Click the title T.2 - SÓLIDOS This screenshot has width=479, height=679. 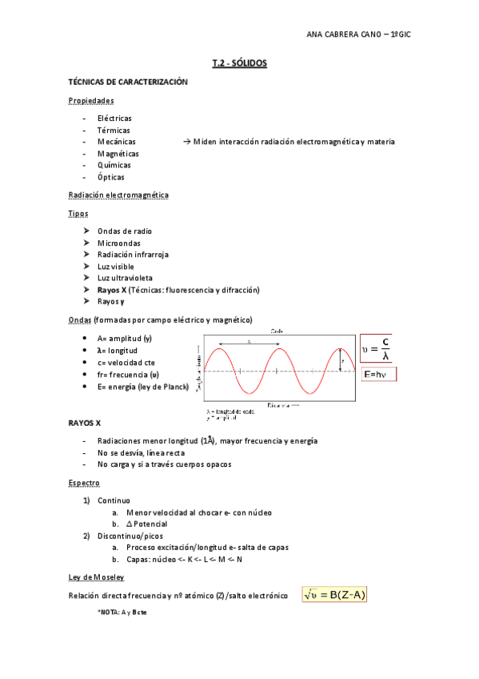click(x=239, y=62)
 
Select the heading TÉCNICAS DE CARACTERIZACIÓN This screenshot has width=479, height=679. click(x=128, y=82)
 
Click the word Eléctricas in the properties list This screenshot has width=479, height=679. click(x=114, y=119)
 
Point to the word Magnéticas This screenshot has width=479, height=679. click(x=118, y=154)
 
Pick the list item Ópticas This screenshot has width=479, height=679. click(x=111, y=177)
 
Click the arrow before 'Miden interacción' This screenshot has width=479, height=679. click(x=187, y=142)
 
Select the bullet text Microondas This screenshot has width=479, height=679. click(x=119, y=243)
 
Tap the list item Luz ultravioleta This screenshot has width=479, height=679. click(x=125, y=278)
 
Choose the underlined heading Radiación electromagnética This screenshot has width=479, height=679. click(x=118, y=195)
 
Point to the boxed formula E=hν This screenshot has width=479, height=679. click(x=379, y=375)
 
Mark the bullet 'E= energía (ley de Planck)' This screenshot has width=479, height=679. click(x=142, y=386)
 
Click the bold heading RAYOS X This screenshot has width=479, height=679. click(x=85, y=422)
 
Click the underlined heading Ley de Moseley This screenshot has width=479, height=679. click(x=96, y=577)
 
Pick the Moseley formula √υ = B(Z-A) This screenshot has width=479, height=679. click(x=334, y=595)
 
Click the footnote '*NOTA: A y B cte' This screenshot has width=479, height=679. click(x=122, y=612)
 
